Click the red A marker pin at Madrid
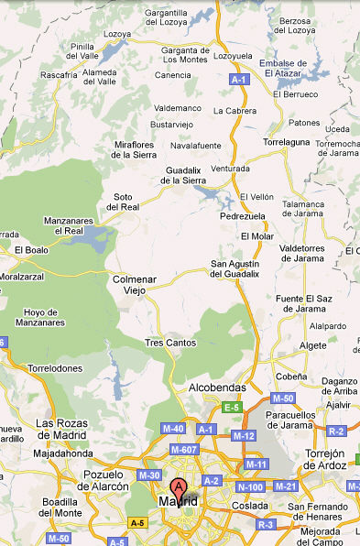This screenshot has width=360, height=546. click(x=179, y=487)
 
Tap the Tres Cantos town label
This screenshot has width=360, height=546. click(x=166, y=343)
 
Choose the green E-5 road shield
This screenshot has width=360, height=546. click(x=232, y=407)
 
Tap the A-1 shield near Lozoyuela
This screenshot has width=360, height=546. click(x=239, y=81)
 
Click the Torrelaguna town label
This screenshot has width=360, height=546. click(x=287, y=144)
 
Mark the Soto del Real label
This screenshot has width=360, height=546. click(x=122, y=202)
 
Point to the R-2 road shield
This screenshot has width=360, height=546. click(x=335, y=431)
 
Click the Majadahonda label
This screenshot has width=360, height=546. click(x=63, y=453)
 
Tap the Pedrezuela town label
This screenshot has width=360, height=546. click(x=244, y=217)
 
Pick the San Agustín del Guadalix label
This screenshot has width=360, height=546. click(x=235, y=268)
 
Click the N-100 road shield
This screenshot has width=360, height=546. click(x=249, y=486)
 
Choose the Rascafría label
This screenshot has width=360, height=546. click(x=60, y=74)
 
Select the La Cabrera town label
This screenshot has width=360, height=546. click(x=235, y=110)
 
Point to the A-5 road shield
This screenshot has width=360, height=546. click(x=137, y=522)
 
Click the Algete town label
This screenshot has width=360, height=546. click(x=313, y=345)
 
